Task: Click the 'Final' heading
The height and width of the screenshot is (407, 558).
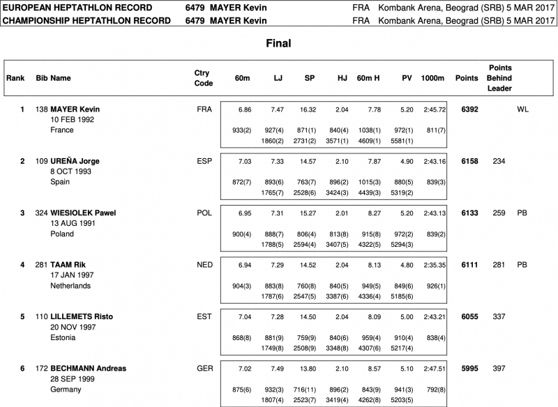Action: (278, 43)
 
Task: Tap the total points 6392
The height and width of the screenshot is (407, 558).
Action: (469, 109)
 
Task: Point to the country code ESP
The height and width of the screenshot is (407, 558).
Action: (204, 161)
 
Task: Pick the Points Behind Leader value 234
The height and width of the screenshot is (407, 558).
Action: (499, 161)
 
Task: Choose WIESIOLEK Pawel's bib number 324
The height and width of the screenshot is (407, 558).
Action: (42, 213)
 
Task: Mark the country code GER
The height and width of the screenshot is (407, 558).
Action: (204, 367)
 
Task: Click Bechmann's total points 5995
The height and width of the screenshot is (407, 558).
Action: (469, 367)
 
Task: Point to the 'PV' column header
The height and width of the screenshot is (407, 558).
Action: (407, 78)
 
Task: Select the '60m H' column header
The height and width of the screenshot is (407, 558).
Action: (368, 78)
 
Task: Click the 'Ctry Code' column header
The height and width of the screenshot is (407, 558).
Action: (204, 78)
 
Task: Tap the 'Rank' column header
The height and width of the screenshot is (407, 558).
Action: (15, 78)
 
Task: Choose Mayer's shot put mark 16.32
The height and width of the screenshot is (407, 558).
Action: (308, 109)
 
